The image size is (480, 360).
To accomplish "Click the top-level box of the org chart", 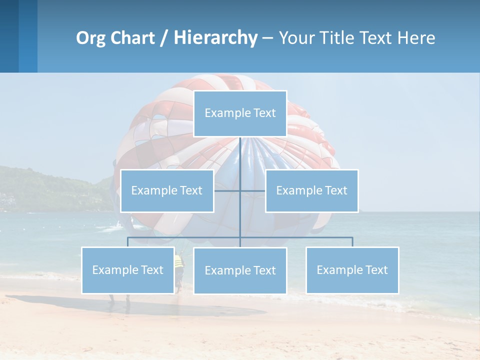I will [x=240, y=113].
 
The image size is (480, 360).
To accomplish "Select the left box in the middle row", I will [x=167, y=190].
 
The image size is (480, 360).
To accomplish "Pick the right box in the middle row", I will [x=311, y=190].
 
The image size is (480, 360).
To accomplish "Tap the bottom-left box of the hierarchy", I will [x=128, y=270].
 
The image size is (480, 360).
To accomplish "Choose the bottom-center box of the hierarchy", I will [x=240, y=271].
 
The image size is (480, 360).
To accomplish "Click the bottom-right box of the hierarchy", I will [x=352, y=270].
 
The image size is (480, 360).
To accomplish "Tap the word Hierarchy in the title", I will [x=215, y=38].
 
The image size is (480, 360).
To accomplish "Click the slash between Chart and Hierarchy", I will [x=163, y=38].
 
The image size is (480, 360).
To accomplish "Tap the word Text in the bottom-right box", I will [x=375, y=270].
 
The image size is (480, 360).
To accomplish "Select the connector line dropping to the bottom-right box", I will [x=352, y=242].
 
